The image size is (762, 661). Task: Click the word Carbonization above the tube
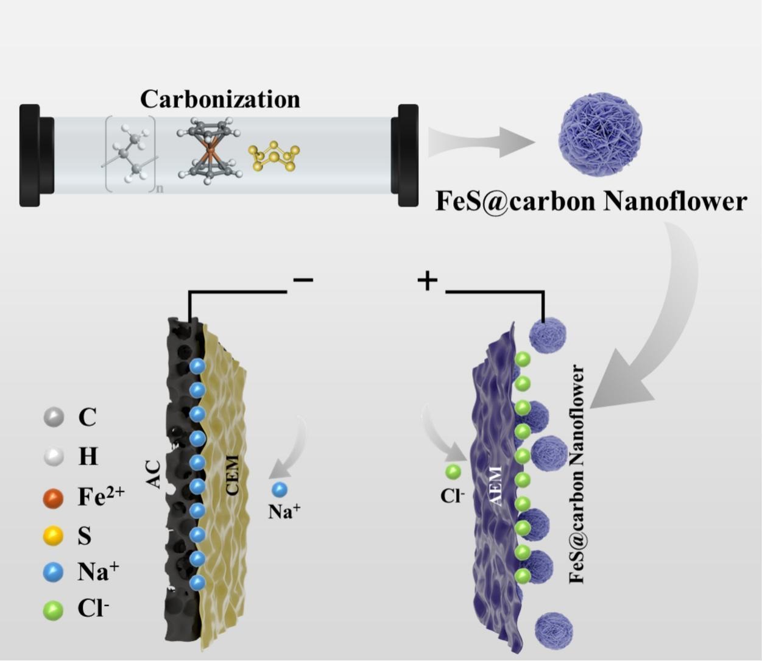coord(220,99)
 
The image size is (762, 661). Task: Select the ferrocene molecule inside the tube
coord(210,151)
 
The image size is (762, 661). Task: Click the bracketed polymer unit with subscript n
coord(131,154)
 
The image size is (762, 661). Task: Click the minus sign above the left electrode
coord(303,280)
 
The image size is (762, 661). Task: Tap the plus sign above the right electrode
coord(427,281)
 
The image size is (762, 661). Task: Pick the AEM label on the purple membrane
coord(495,485)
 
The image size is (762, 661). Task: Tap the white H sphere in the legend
coord(54,456)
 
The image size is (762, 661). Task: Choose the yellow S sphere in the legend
coord(54,536)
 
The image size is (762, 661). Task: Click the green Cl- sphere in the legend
coord(54,610)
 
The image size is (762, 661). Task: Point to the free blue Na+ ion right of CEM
coord(280,490)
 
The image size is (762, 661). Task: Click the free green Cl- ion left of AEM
coord(453,472)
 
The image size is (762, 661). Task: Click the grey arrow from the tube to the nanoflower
coord(481,141)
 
